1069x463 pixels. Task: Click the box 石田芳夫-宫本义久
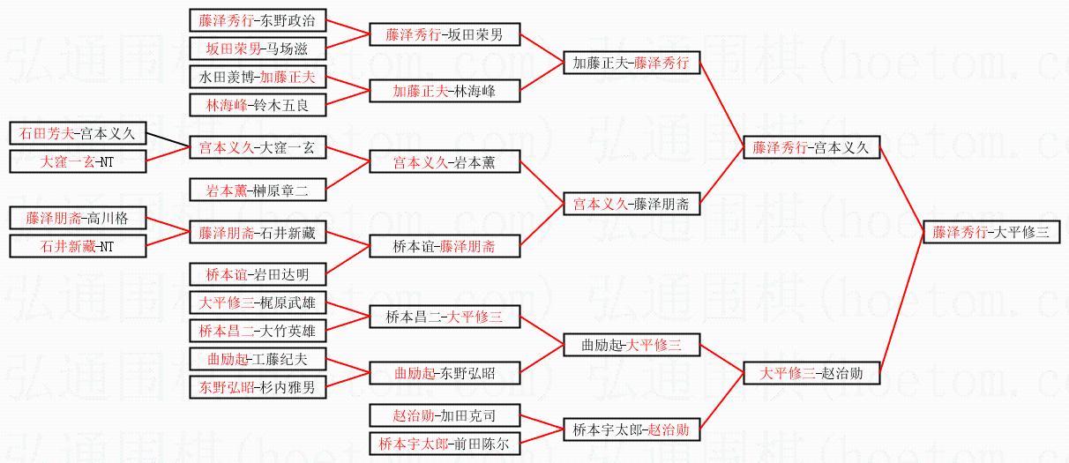[78, 133]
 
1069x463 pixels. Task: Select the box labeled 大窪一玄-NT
[78, 161]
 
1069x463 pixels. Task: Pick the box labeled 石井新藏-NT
[78, 246]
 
